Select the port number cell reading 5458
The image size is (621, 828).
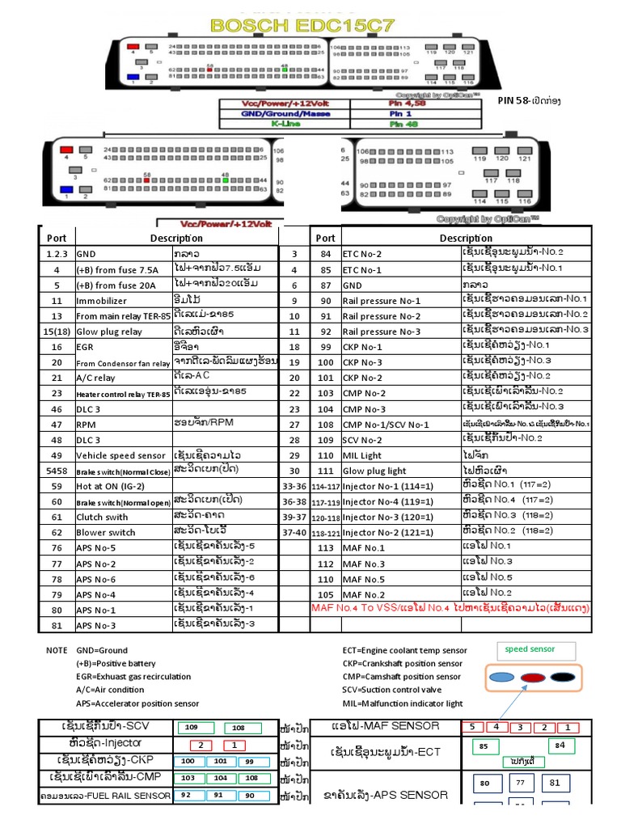pyautogui.click(x=57, y=471)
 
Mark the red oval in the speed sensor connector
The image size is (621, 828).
pyautogui.click(x=532, y=678)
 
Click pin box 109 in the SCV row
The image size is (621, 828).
pyautogui.click(x=198, y=728)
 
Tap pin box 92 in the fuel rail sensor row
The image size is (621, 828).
pyautogui.click(x=186, y=796)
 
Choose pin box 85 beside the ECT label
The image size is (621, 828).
pyautogui.click(x=484, y=746)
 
